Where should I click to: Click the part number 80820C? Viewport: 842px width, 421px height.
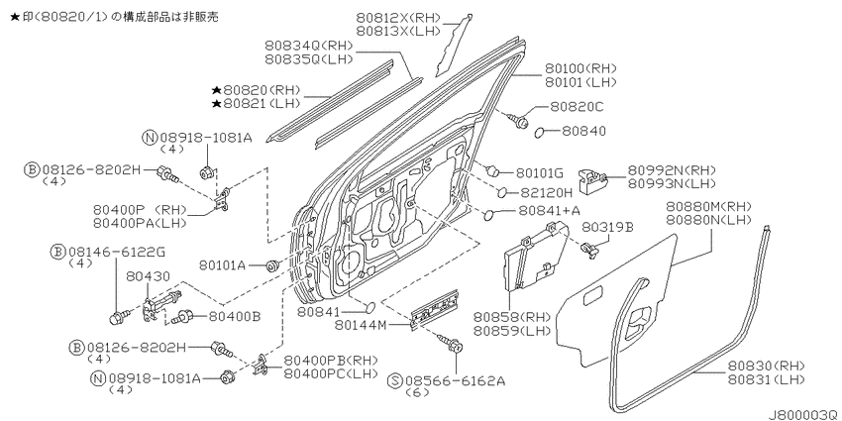click(577, 107)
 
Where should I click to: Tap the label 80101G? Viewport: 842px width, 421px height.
click(540, 173)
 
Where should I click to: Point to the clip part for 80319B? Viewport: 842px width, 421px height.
click(589, 249)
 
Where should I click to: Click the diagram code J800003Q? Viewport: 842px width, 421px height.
click(804, 414)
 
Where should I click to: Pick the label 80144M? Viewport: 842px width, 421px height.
click(363, 324)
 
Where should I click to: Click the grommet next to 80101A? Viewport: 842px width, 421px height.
click(272, 264)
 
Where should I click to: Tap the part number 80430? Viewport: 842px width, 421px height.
click(149, 276)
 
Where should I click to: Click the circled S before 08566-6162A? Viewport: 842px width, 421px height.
click(394, 381)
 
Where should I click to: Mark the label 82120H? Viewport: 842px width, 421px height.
click(544, 192)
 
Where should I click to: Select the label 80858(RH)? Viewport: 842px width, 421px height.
click(512, 317)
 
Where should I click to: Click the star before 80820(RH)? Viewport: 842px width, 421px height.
click(216, 90)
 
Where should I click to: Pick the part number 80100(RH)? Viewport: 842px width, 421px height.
click(581, 68)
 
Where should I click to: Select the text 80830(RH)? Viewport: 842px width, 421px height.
click(767, 366)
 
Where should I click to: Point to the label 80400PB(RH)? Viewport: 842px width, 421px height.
click(331, 360)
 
